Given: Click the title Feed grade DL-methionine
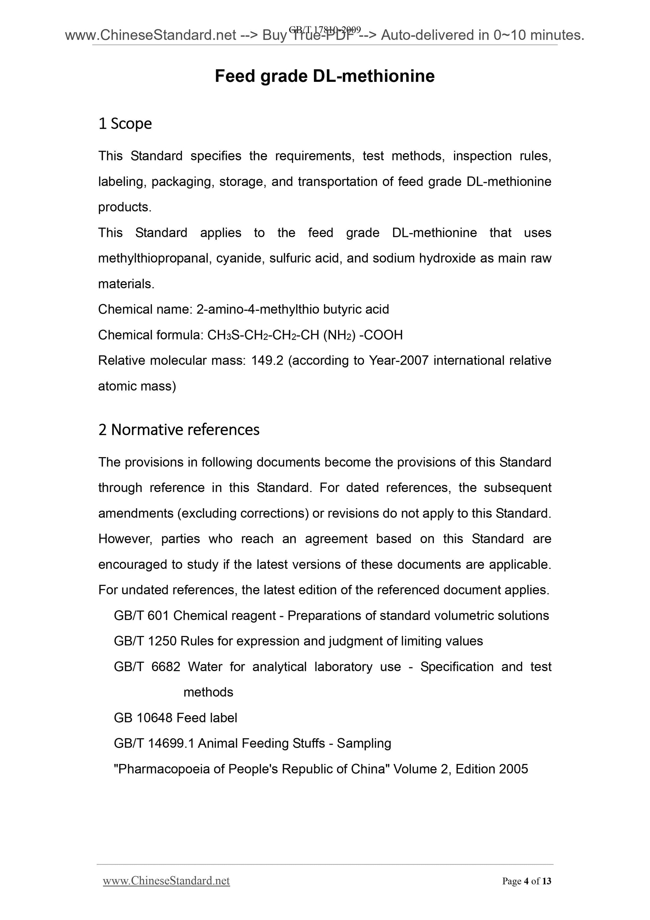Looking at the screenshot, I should pos(324,76).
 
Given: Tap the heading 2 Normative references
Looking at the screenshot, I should pos(179,429).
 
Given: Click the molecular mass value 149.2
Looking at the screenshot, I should pos(267,361).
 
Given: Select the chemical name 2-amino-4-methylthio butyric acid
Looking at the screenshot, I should pos(292,309).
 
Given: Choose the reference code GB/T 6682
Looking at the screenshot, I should pos(147,667).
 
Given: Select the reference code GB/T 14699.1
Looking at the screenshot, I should pos(154,743).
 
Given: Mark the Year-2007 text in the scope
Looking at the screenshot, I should pos(398,361).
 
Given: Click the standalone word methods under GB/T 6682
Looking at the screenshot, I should pos(208,692).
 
